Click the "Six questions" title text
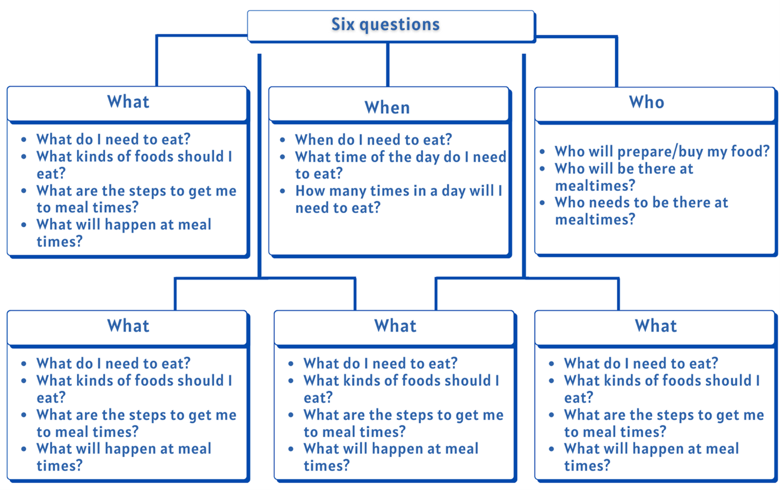385,25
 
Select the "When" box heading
387,107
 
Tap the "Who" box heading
646,102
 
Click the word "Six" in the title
342,25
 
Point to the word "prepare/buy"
639,152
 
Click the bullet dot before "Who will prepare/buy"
543,152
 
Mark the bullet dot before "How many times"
283,191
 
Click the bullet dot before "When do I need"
283,140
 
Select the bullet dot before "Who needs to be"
543,203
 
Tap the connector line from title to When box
388,64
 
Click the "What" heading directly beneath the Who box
655,326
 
